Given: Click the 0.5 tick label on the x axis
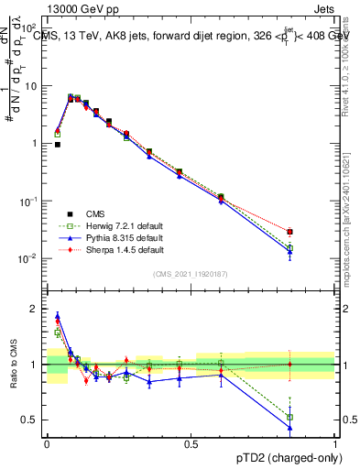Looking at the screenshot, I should [191, 444].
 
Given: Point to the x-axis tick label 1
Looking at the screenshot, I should [335, 444].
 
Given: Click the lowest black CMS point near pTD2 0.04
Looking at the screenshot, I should [57, 145].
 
